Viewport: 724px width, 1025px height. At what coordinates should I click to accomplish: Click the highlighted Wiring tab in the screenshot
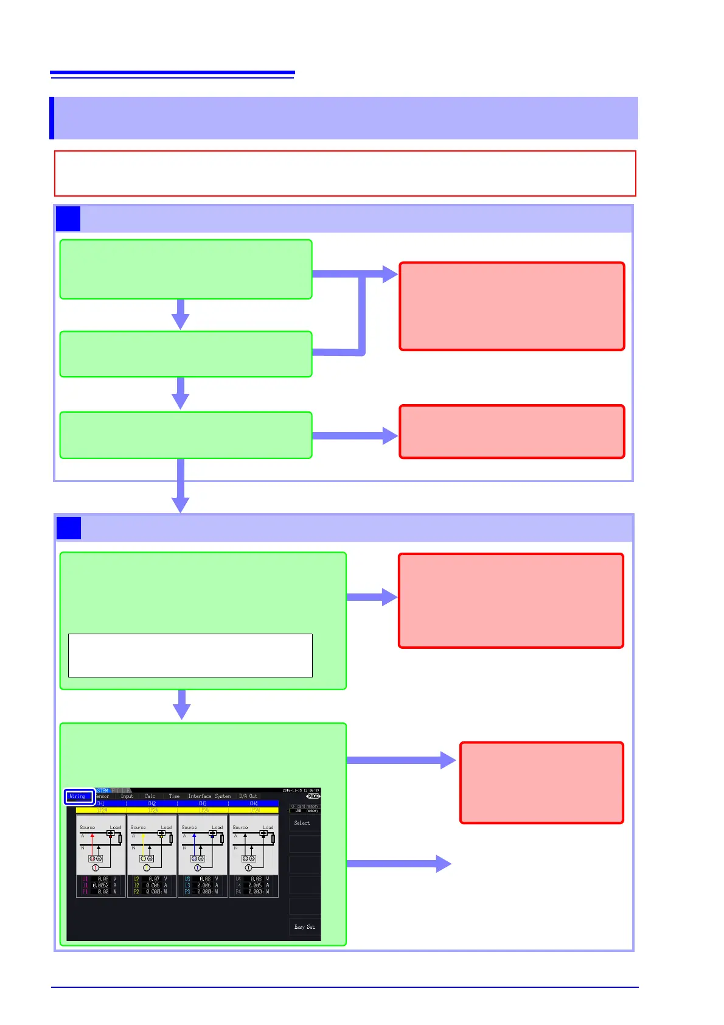[x=79, y=796]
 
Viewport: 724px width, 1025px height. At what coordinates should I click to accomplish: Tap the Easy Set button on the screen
[x=304, y=927]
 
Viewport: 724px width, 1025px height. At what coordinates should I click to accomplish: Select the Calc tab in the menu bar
[x=150, y=796]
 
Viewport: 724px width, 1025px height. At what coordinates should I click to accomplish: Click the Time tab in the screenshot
[x=174, y=796]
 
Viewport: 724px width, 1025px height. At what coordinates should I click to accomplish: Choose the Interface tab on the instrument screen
[x=199, y=796]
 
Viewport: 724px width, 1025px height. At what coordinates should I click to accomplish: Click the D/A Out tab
[x=248, y=796]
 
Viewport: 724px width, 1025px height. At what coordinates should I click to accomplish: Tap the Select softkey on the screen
[x=302, y=823]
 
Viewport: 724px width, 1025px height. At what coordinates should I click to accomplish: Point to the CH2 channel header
[x=152, y=803]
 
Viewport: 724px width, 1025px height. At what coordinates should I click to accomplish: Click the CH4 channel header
[x=254, y=803]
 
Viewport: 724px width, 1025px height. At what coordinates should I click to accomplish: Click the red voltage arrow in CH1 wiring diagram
[x=92, y=844]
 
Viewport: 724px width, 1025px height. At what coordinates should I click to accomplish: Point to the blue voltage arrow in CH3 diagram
[x=195, y=844]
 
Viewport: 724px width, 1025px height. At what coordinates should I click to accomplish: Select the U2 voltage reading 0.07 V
[x=152, y=879]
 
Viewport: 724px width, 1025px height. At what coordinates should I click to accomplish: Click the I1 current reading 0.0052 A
[x=101, y=886]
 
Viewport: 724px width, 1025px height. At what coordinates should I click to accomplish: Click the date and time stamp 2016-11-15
[x=301, y=791]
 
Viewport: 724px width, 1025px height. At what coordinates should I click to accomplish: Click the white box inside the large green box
[x=190, y=656]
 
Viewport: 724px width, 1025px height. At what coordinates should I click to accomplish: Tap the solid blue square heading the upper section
[x=68, y=219]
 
